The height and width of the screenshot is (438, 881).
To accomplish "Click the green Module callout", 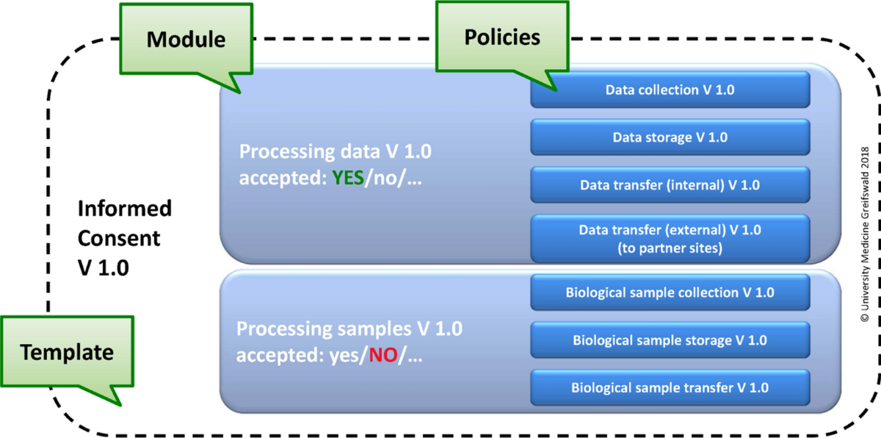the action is click(186, 40).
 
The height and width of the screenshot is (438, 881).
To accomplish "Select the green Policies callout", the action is click(502, 37).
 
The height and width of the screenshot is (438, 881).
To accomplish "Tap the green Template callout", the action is click(67, 351).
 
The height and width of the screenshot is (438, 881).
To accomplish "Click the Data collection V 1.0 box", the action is click(670, 90).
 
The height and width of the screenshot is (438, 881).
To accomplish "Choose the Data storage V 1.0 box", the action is click(670, 137).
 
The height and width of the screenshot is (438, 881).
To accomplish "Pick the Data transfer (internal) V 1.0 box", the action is click(670, 185).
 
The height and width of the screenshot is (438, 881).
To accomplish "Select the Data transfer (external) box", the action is click(670, 239).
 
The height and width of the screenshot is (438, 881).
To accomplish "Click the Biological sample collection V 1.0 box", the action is click(670, 292).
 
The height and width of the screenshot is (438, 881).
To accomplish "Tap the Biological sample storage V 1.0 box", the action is click(670, 340).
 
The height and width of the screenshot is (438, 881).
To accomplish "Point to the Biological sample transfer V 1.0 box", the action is click(670, 387).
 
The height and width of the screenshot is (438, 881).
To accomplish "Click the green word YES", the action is click(348, 178).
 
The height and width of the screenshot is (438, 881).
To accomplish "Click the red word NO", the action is click(383, 355).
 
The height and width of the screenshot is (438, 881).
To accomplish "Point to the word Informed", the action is click(125, 208).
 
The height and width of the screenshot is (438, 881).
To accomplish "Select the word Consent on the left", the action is click(119, 238).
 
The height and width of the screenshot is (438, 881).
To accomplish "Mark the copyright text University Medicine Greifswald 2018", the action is click(865, 234).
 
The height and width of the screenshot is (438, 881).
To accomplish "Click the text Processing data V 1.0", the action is click(336, 151).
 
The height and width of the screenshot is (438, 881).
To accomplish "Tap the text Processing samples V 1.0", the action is click(349, 329).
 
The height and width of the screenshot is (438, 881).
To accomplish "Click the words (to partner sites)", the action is click(670, 248).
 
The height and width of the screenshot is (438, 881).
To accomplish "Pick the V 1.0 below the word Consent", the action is click(104, 268).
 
